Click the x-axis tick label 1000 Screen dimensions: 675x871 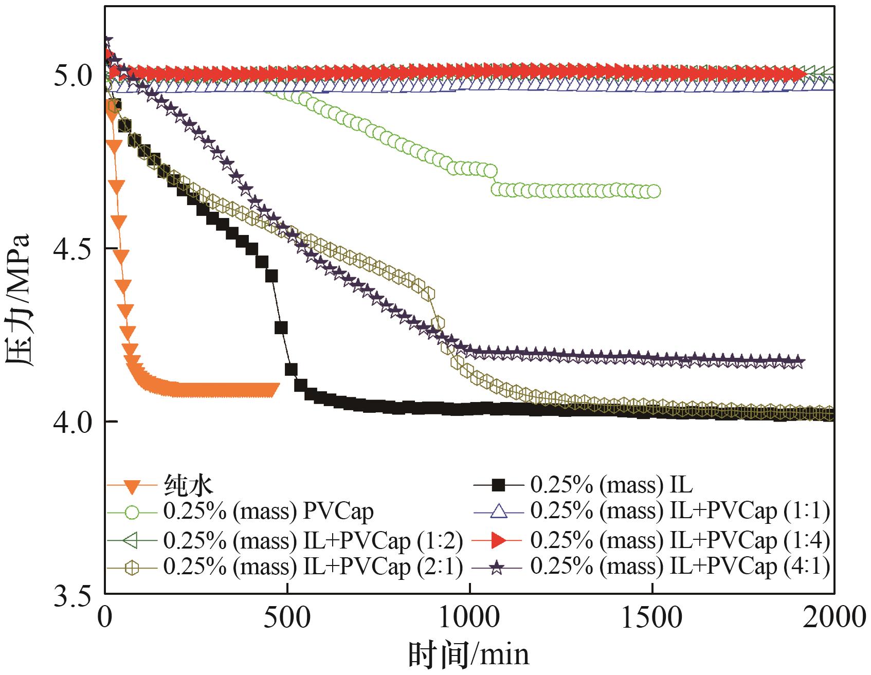pos(470,616)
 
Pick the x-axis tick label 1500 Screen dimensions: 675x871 pos(652,616)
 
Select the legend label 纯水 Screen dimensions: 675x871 pos(189,484)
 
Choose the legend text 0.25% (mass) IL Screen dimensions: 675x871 pos(611,484)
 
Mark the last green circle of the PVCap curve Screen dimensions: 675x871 pos(654,192)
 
